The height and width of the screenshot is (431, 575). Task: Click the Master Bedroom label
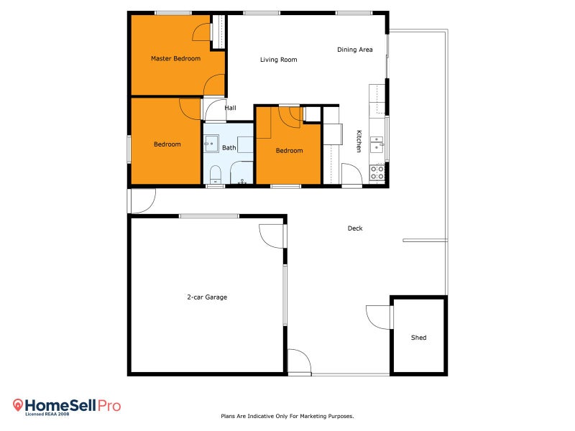click(175, 58)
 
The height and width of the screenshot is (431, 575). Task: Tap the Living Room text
click(278, 60)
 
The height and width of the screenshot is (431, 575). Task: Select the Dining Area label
click(355, 50)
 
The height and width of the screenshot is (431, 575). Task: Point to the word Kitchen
click(359, 141)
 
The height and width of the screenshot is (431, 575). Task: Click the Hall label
click(230, 108)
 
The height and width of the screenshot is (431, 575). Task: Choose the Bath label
click(229, 148)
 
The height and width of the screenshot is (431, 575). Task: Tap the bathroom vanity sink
click(211, 144)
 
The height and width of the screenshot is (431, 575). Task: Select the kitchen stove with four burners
click(377, 172)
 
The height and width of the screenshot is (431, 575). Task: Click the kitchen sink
click(377, 144)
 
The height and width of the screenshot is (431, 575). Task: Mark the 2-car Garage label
click(206, 297)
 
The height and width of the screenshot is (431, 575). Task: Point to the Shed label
click(418, 337)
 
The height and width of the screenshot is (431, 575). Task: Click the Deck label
click(355, 228)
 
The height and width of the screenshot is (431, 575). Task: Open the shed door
click(379, 316)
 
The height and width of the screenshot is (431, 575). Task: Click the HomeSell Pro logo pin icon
click(19, 405)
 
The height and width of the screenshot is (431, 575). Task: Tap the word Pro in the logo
click(109, 406)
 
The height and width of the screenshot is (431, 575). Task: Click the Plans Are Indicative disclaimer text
click(287, 416)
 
